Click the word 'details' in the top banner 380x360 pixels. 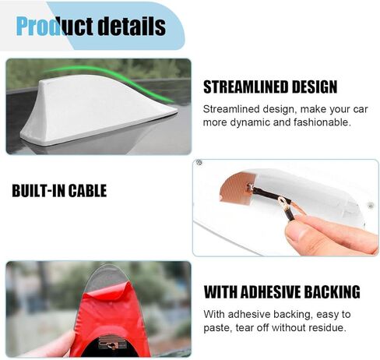point(132,26)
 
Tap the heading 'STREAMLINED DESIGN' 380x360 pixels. point(270,86)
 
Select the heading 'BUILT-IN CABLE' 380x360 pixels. point(59,191)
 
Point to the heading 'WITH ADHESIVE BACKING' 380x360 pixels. point(282,292)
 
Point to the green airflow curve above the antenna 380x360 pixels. point(109,78)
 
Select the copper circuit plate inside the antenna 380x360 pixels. point(236,187)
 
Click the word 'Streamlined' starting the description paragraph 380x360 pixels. point(231,109)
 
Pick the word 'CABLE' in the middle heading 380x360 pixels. point(87,191)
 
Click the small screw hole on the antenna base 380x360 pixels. point(371,206)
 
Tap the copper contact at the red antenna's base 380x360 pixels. point(108,344)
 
